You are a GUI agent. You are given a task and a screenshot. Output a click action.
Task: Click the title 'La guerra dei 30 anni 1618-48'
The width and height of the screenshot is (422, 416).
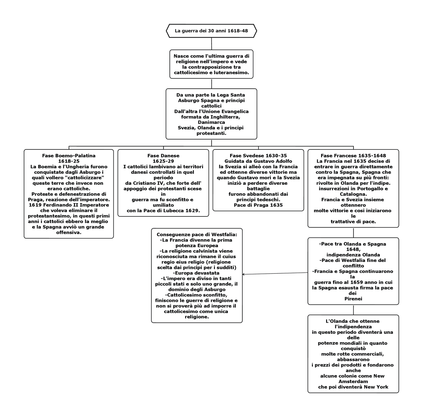tap(211, 31)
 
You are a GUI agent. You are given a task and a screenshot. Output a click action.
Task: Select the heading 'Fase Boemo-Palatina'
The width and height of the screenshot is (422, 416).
tap(69, 156)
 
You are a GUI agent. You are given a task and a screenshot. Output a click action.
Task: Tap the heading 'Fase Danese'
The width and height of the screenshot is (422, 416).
tap(163, 156)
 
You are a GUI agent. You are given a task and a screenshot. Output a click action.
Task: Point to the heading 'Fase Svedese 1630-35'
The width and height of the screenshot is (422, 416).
tap(258, 156)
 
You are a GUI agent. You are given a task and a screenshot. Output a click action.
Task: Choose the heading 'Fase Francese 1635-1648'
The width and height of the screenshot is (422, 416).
tap(353, 156)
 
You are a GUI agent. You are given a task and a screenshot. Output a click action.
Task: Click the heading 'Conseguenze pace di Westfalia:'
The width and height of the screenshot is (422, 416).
tap(197, 235)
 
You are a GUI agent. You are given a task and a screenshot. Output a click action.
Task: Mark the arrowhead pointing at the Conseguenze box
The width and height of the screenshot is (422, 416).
tap(244, 274)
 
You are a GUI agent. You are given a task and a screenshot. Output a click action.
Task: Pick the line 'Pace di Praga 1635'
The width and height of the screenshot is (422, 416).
tap(258, 205)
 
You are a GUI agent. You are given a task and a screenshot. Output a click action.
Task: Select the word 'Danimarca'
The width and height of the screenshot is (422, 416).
tap(211, 122)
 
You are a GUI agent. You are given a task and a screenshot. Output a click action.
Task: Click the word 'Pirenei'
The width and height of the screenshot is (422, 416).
tap(353, 299)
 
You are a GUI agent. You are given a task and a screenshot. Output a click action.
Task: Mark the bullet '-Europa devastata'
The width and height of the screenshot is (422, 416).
tap(197, 273)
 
